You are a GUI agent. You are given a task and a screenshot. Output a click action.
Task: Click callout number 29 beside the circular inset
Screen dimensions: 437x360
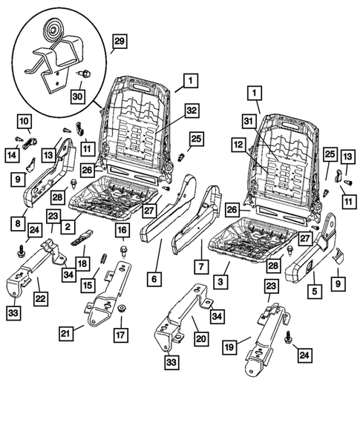click(118, 41)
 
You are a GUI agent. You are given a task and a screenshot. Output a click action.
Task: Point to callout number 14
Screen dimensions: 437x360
click(13, 154)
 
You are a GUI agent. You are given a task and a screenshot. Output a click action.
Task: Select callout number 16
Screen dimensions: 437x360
click(121, 231)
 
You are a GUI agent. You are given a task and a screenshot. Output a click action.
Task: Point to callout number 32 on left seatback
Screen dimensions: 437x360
click(192, 111)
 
